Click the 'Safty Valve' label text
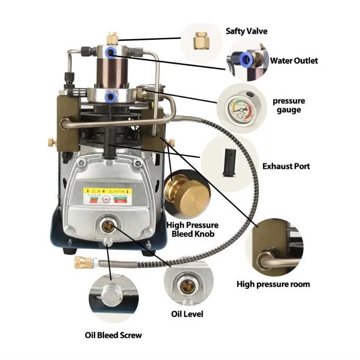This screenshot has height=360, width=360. [247, 31]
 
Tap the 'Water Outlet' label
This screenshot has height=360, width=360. [293, 60]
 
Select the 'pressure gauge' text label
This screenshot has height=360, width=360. [289, 105]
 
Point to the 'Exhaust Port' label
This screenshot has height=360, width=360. [286, 166]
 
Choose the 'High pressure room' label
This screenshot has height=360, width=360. [273, 284]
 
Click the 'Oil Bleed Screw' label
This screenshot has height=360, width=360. [113, 335]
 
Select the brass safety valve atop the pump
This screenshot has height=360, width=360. [112, 37]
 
